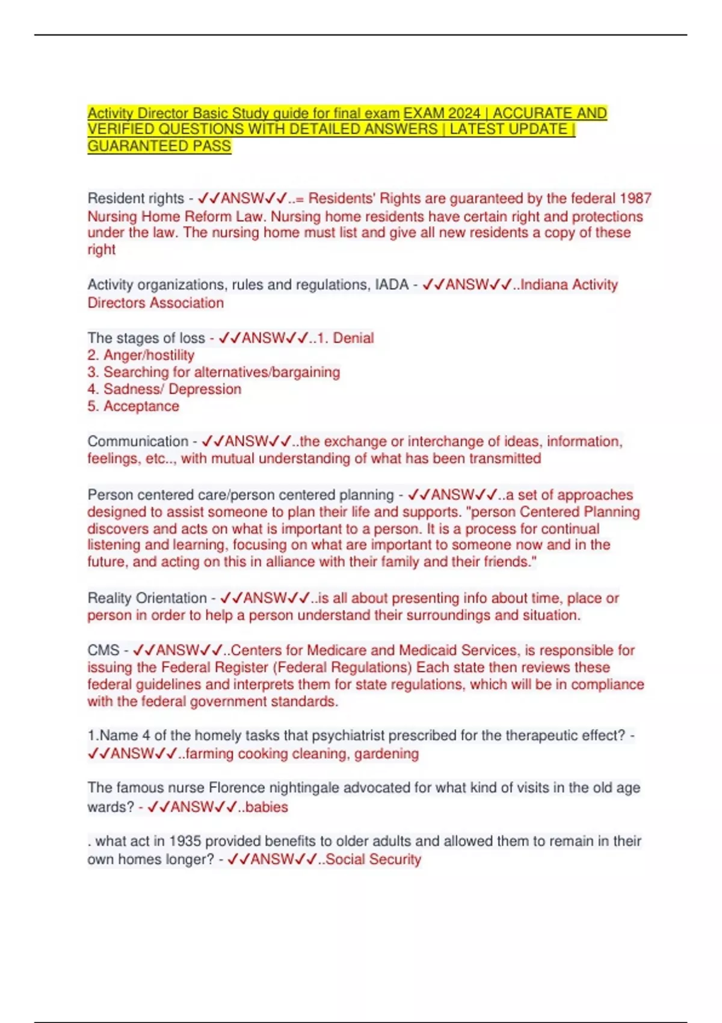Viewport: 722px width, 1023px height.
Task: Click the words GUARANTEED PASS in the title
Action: click(x=159, y=146)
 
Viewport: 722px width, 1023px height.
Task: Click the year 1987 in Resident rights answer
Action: click(x=635, y=199)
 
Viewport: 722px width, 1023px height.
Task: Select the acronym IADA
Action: click(x=392, y=285)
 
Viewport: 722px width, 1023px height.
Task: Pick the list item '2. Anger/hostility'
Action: click(x=141, y=355)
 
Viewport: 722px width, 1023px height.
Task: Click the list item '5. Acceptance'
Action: click(x=134, y=406)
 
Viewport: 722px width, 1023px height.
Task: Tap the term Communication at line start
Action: click(x=138, y=442)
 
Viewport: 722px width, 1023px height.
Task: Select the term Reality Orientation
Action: click(x=147, y=598)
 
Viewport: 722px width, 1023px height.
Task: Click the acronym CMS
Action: click(x=103, y=651)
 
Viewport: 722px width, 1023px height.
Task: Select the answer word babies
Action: click(x=267, y=807)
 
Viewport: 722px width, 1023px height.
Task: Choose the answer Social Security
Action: click(x=373, y=859)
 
